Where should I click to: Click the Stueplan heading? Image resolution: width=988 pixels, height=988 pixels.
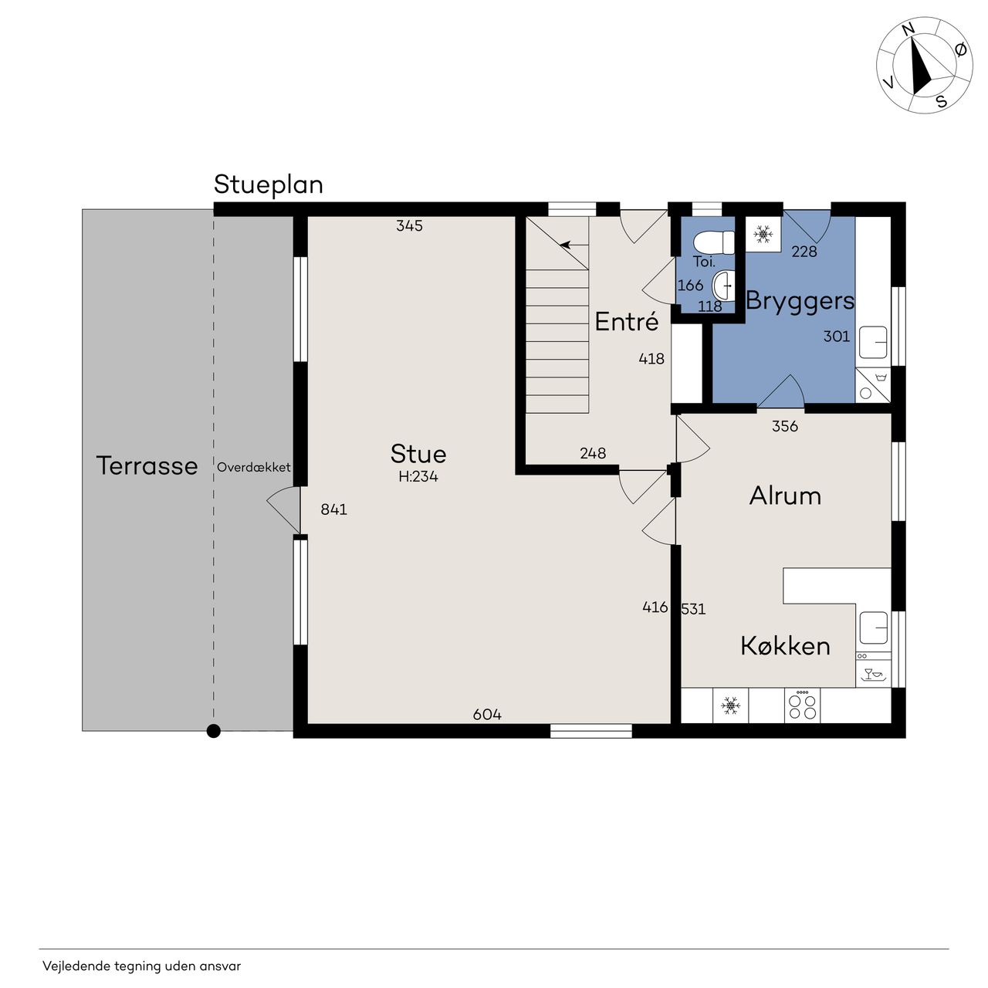coord(268,185)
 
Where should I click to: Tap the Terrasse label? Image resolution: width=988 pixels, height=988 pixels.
coord(147,465)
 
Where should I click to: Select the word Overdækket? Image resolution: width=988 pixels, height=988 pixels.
coord(253,467)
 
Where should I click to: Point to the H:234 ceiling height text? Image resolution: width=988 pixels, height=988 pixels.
coord(418,477)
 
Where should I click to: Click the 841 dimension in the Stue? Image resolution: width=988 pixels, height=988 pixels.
coord(333,509)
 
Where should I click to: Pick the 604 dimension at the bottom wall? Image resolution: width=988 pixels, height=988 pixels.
coord(487,714)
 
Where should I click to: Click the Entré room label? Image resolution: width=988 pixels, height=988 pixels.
coord(627,321)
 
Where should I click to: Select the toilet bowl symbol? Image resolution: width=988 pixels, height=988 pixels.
coord(714,242)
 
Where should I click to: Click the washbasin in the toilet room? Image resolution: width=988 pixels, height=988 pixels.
coord(724,285)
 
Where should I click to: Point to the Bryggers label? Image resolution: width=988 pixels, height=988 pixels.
coord(800,302)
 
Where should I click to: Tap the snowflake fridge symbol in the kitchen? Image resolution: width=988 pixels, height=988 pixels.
coord(731,705)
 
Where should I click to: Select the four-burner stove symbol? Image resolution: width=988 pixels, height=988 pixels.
coord(803,706)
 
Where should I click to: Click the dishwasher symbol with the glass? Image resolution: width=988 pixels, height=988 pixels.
coord(873,674)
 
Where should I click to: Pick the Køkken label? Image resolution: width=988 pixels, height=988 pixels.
coord(785,645)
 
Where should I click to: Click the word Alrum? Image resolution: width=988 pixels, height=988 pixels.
coord(785,496)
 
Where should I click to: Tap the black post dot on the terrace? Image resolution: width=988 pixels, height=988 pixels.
coord(214,731)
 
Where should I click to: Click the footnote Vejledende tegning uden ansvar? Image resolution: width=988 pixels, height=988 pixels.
coord(141,966)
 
